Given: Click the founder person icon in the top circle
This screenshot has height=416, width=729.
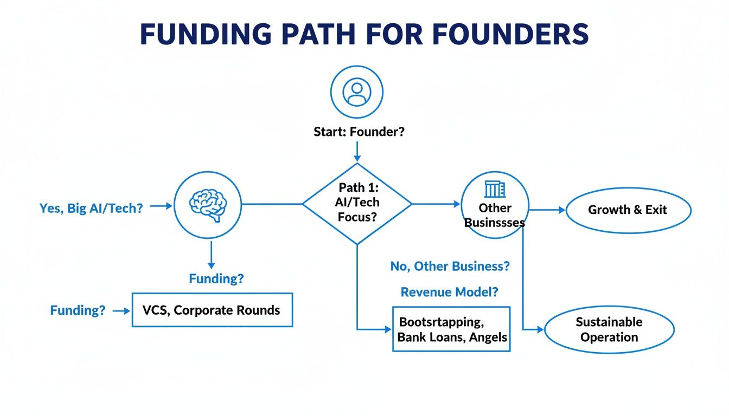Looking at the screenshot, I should [x=356, y=93].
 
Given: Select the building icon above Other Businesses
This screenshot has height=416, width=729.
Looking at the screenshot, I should [x=494, y=190].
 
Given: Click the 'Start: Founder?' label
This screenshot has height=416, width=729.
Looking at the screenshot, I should [x=359, y=132].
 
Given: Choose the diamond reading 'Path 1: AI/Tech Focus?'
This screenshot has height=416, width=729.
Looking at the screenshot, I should [x=357, y=203].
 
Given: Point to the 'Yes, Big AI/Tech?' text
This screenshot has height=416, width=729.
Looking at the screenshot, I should [x=91, y=208].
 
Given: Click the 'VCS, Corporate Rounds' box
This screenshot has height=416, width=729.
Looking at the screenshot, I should [x=212, y=310].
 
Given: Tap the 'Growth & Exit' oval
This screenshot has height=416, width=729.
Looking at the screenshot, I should [x=628, y=210].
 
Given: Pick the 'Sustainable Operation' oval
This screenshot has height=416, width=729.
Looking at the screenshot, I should [x=609, y=329].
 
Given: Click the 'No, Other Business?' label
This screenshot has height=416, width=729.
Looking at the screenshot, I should [x=450, y=266].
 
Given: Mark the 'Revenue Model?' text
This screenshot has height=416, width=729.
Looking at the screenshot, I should [x=450, y=292].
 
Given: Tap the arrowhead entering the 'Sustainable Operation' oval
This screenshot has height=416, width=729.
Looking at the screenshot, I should [x=540, y=329].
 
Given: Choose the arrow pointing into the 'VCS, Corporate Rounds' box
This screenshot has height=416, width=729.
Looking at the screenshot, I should [x=122, y=311].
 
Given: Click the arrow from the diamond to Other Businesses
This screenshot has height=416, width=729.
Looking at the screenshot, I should [x=437, y=204].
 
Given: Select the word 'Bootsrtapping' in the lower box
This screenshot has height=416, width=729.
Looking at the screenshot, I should [x=440, y=322].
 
